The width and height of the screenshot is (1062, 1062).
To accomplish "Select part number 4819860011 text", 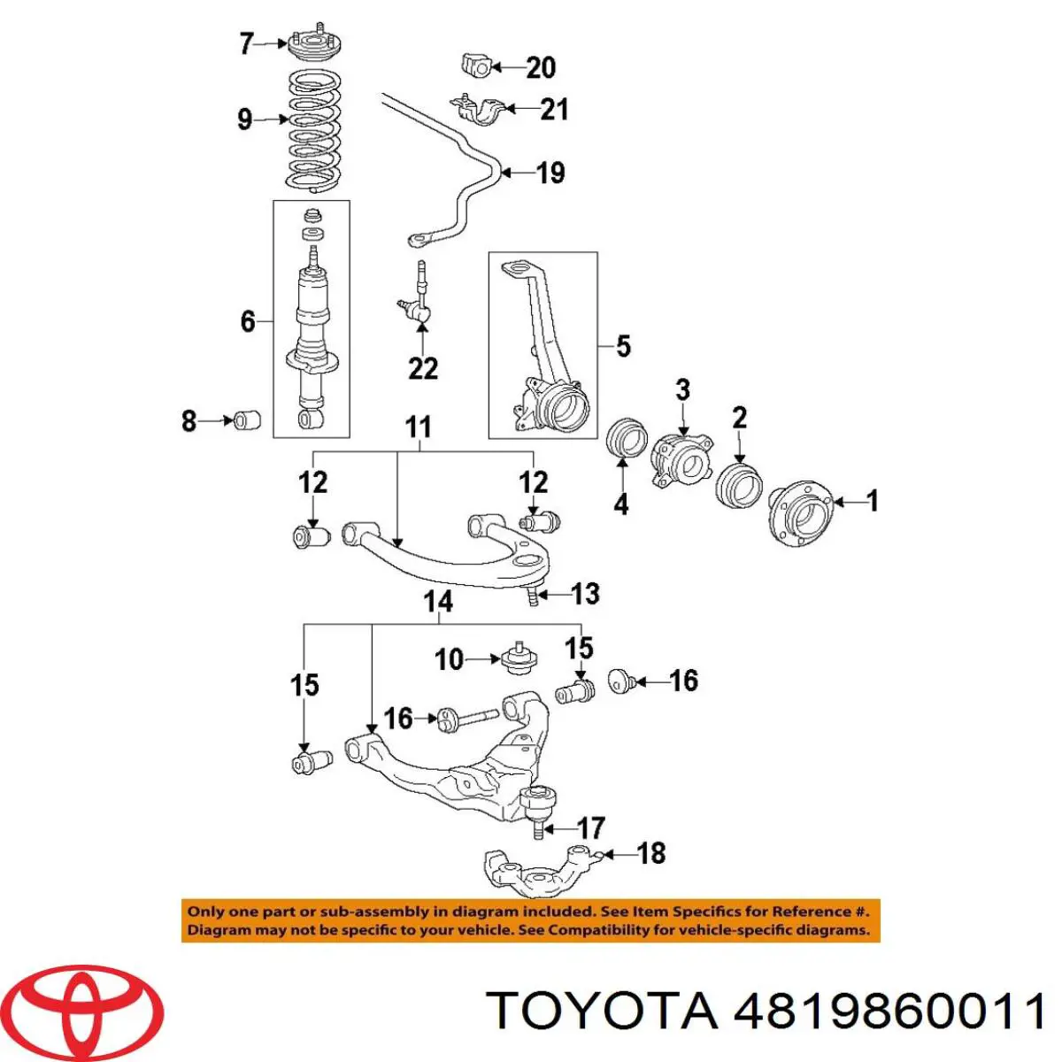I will (890, 1010).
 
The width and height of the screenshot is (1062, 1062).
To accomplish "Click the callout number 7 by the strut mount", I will (247, 43).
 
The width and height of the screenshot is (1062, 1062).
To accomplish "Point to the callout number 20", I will (541, 67).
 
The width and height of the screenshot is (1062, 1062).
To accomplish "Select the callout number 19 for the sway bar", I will (550, 173).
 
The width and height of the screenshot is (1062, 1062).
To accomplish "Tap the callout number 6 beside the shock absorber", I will (248, 321).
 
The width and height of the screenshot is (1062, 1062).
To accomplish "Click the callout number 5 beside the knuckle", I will (623, 346).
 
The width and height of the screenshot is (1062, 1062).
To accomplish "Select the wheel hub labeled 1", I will (800, 512).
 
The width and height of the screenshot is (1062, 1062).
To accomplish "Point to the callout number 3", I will (682, 389).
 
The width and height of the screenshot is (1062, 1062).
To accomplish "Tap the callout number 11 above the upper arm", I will (418, 427).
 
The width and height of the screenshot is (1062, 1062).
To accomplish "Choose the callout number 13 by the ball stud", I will (585, 594).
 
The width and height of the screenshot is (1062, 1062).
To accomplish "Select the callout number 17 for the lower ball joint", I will (590, 828).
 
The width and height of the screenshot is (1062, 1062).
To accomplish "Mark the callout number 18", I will (650, 853).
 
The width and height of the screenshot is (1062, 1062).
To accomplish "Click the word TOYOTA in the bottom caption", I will (602, 1010).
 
